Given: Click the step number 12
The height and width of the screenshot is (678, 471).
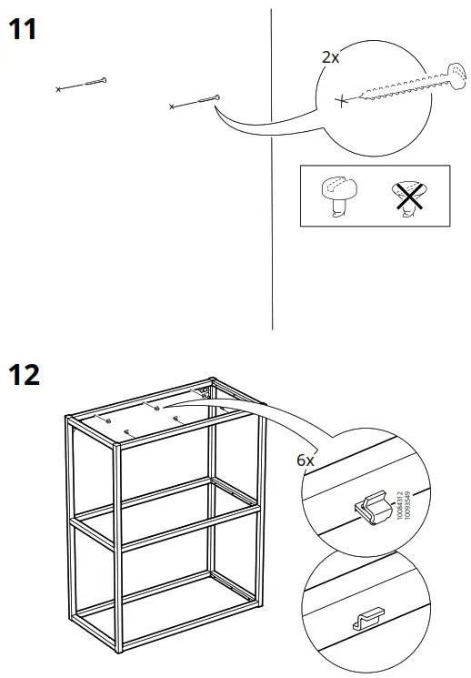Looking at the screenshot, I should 25,374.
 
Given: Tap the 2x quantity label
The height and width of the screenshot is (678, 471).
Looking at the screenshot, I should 330,56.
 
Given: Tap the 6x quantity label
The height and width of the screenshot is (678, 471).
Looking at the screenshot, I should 306,460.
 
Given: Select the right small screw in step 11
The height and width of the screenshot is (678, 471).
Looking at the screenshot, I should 195,101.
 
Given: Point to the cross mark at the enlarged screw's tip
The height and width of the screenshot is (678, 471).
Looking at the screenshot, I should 341,100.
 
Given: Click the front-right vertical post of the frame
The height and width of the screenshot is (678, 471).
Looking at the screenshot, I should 119,546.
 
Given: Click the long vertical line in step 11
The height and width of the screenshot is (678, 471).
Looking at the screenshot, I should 272,182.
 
